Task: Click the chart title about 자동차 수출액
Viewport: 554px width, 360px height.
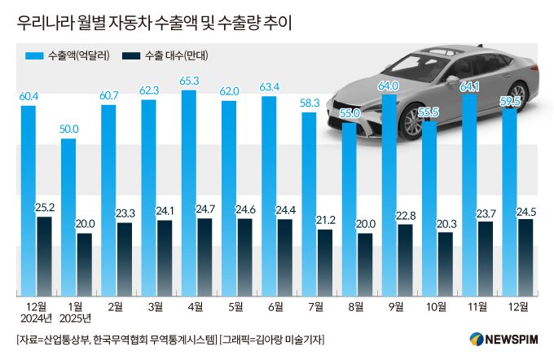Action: tap(154, 24)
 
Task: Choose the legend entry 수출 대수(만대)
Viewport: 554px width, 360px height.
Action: tap(166, 56)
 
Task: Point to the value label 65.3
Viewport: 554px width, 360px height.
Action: tap(189, 82)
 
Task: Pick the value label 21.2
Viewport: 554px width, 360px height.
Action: tap(325, 221)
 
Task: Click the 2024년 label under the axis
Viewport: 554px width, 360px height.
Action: tap(33, 318)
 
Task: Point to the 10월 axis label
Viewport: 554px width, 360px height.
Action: tap(435, 306)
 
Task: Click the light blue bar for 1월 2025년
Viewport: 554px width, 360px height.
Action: tap(68, 216)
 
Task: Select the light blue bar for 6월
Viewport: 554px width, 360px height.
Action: tap(269, 195)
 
